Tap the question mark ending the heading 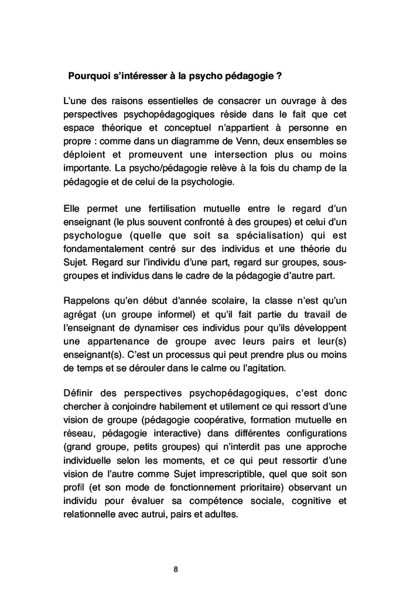tap(281, 76)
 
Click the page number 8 tap(176, 569)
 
